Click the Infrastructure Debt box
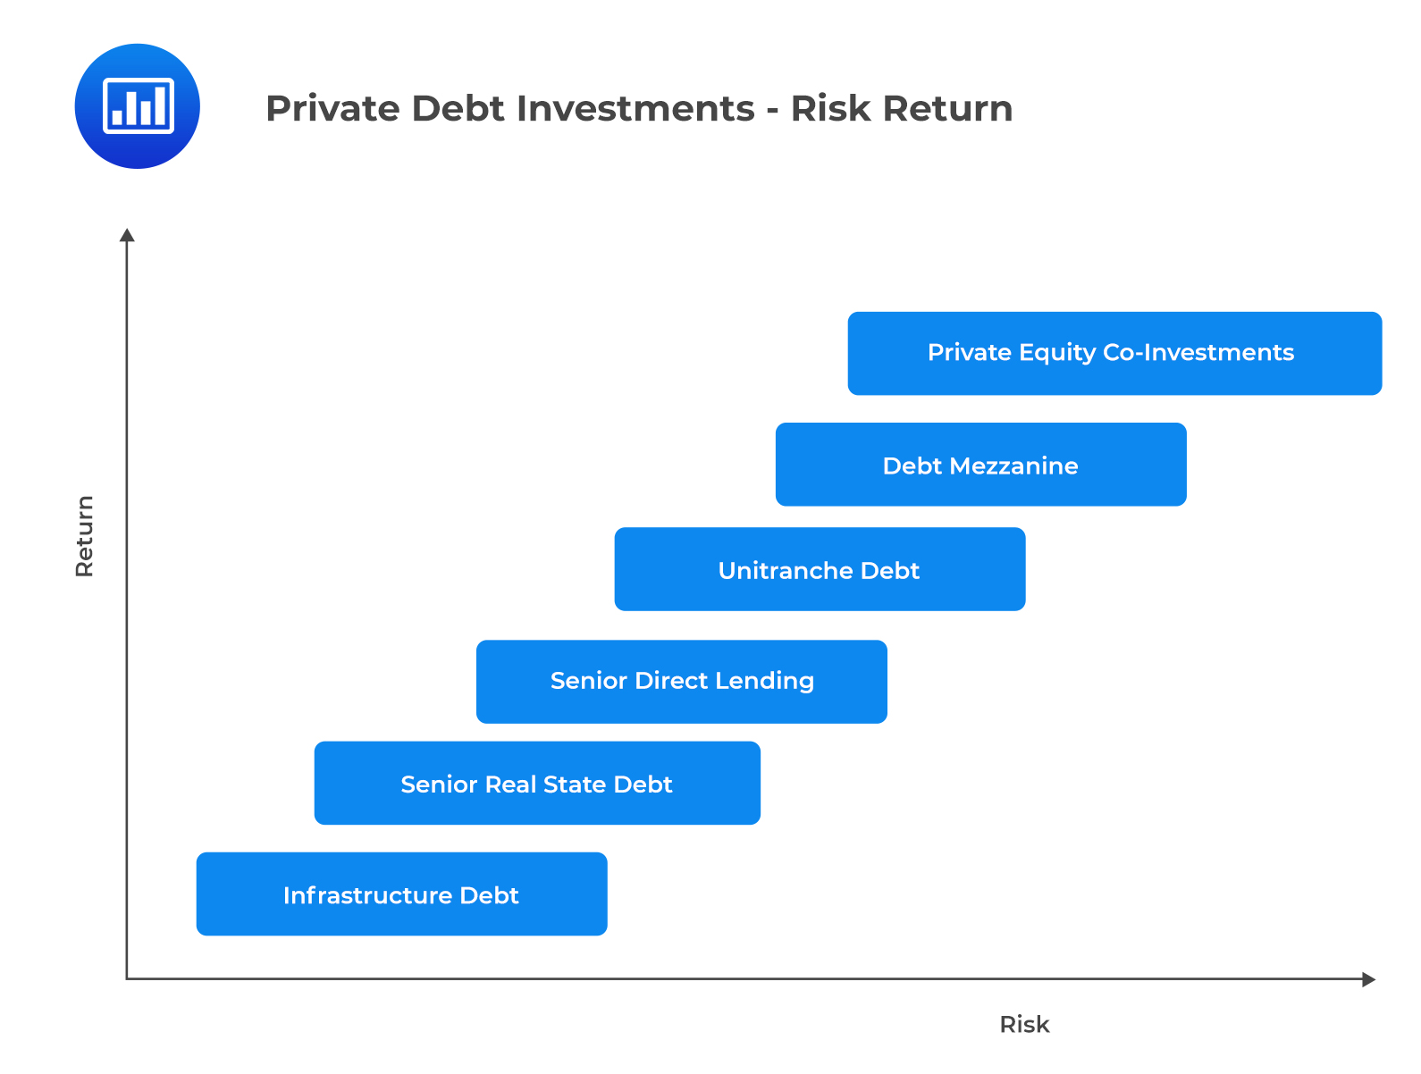coord(401,894)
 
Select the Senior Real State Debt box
coord(537,783)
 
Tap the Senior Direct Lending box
coord(681,681)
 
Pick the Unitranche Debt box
coord(820,569)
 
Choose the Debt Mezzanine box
coord(980,465)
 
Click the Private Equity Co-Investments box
coord(1114,353)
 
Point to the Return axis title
coord(85,536)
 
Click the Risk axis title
coord(1024,1024)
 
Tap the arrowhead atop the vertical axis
coord(127,235)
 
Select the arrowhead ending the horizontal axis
coord(1368,979)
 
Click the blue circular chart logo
coord(138,106)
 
